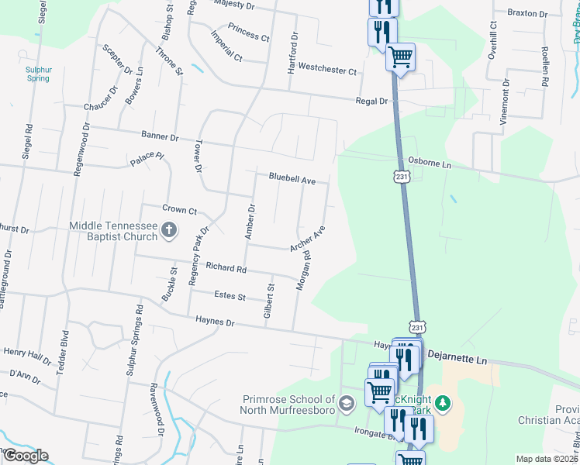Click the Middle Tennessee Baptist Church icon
pyautogui.click(x=170, y=229)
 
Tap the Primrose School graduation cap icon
pyautogui.click(x=348, y=402)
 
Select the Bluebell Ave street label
pyautogui.click(x=292, y=178)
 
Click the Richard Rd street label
pyautogui.click(x=226, y=269)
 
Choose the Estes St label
pyautogui.click(x=230, y=296)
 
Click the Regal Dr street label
pyautogui.click(x=371, y=101)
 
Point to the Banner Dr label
pyautogui.click(x=160, y=136)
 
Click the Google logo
pyautogui.click(x=26, y=455)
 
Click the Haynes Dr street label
pyautogui.click(x=215, y=319)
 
